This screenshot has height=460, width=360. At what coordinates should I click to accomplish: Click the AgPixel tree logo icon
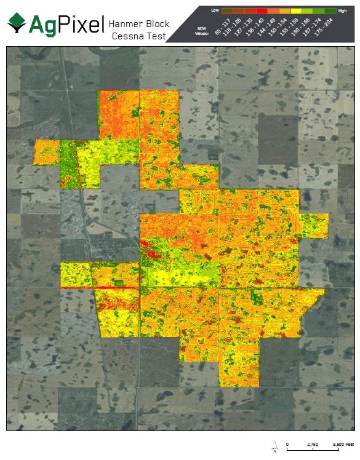(x=17, y=23)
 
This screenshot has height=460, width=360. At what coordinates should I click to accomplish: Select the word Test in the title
(x=156, y=36)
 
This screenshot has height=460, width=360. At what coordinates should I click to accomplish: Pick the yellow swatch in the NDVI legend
(x=296, y=11)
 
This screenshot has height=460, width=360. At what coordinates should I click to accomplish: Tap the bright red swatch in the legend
(x=262, y=11)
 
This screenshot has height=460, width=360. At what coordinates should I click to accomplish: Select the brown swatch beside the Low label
(x=227, y=11)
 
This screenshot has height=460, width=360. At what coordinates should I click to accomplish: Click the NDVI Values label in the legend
(x=201, y=31)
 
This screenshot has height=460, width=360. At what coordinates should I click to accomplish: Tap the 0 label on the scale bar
(x=287, y=443)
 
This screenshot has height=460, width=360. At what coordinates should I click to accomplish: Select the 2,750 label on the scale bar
(x=313, y=443)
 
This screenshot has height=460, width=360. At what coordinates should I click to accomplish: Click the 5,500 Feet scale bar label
(x=343, y=443)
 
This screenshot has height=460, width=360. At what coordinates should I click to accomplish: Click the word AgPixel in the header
(x=64, y=24)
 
